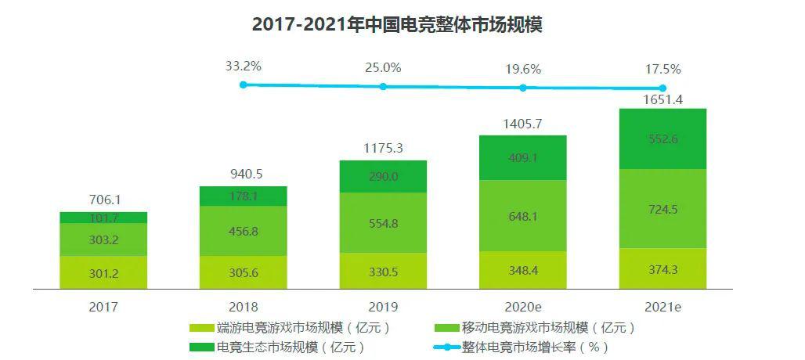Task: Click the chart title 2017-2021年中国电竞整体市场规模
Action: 397,25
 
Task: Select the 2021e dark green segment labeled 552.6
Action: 662,139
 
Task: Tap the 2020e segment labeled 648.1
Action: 522,215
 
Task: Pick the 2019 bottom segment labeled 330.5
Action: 383,272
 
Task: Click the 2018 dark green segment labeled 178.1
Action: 244,196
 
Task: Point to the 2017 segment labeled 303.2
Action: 103,239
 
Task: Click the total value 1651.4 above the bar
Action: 662,99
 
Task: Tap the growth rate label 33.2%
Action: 243,67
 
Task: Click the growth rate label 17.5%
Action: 662,69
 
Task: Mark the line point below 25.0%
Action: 383,86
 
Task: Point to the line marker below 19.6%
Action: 522,88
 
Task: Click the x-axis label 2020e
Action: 522,307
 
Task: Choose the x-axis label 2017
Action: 103,307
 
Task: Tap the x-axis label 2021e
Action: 662,307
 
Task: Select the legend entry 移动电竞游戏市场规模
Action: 548,328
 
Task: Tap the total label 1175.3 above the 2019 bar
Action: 383,148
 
